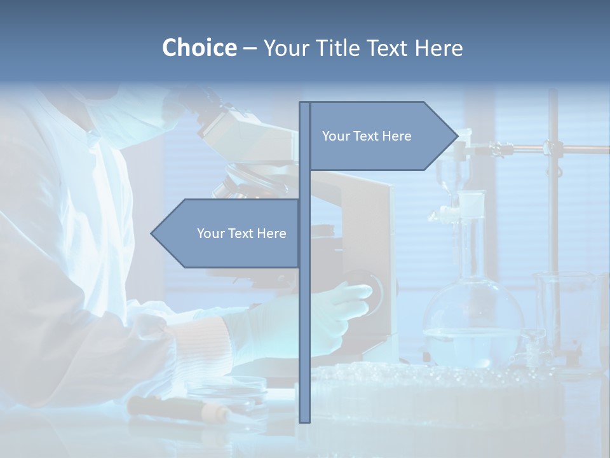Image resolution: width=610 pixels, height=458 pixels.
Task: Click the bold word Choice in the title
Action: tap(199, 48)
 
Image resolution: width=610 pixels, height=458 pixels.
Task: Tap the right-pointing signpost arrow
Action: tap(381, 136)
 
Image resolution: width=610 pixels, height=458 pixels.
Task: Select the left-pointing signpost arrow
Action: tap(229, 233)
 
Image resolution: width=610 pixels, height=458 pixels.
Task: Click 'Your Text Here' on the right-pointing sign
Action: tap(367, 136)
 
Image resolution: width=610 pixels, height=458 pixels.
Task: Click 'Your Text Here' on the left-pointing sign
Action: tap(241, 233)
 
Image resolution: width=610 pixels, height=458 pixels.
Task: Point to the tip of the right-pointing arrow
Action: tap(456, 136)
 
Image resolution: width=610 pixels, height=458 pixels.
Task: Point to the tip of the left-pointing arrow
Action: tap(152, 233)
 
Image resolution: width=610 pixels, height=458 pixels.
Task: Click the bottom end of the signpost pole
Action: tap(304, 420)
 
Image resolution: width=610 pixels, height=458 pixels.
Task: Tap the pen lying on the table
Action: tap(178, 408)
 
